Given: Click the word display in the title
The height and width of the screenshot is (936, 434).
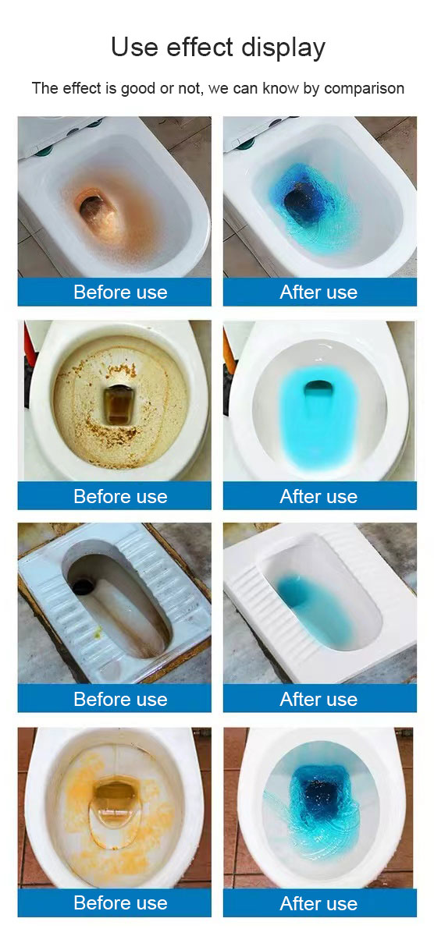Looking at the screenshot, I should tap(281, 48).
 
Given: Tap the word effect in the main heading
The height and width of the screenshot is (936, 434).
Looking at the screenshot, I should tap(194, 48).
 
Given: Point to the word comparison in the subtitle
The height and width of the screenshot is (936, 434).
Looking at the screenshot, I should tap(364, 88).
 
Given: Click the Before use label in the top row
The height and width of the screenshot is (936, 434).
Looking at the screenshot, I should tap(120, 292).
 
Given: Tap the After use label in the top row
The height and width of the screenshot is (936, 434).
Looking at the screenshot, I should tap(318, 292).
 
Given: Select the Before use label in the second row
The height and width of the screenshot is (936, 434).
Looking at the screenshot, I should tap(120, 496).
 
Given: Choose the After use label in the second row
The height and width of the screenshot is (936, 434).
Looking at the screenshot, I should tap(318, 496).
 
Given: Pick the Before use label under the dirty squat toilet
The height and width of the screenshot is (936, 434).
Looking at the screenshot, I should tap(120, 700).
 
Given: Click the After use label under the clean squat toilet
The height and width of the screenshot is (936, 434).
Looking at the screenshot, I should tap(318, 700).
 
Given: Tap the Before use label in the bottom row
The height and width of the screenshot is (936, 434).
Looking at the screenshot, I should tap(120, 903).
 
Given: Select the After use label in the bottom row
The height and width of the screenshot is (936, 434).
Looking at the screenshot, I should tap(318, 903).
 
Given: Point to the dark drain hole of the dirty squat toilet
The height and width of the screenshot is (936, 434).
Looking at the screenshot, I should tap(81, 586).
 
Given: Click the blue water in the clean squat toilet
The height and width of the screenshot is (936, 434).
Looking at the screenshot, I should tap(316, 604).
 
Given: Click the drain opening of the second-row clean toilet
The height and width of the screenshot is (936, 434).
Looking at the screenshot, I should tap(318, 387).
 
